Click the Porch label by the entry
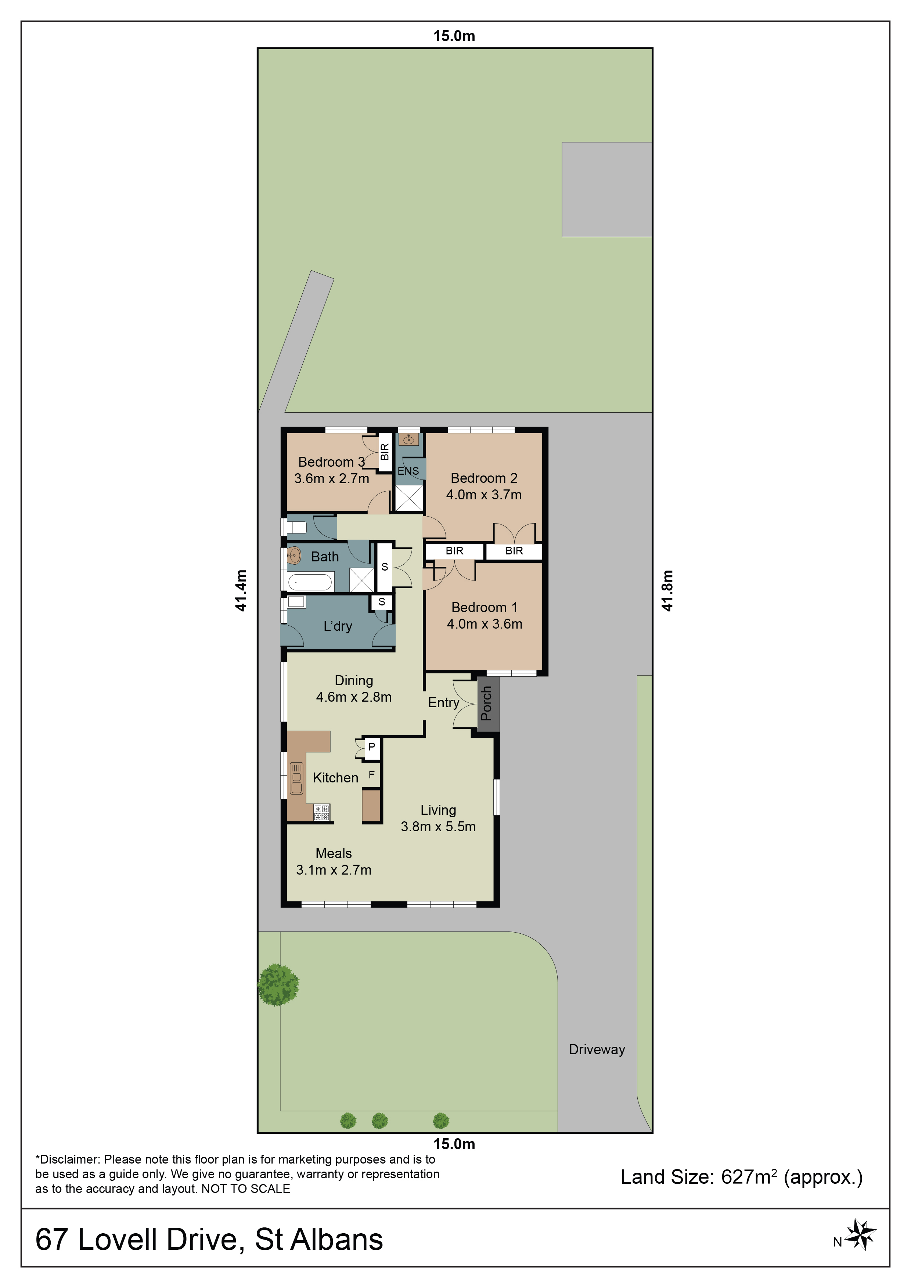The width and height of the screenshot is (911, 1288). [x=486, y=703]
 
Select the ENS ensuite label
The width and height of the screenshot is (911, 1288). [x=408, y=471]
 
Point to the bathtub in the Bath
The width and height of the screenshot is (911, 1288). [x=310, y=582]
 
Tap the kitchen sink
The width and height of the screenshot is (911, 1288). [x=296, y=778]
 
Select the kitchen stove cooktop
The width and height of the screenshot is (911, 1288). [x=322, y=812]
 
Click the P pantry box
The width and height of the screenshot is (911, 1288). [x=372, y=748]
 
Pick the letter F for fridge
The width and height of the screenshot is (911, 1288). [x=371, y=775]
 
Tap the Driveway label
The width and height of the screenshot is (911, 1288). [x=597, y=1050]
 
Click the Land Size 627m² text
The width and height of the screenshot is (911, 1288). [x=742, y=1177]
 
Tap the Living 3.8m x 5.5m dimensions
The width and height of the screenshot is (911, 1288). [x=438, y=826]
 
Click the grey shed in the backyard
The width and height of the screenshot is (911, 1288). [x=607, y=189]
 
